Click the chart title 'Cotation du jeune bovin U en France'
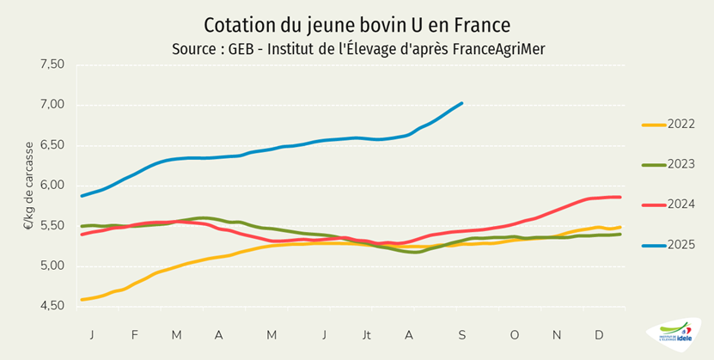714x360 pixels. click(x=357, y=23)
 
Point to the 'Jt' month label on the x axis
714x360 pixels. click(x=368, y=333)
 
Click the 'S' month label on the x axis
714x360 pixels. click(x=461, y=333)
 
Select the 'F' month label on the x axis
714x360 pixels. click(x=134, y=333)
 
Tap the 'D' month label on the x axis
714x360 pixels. click(x=599, y=333)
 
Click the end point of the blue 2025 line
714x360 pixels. click(x=462, y=103)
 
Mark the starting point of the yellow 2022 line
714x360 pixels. click(x=81, y=300)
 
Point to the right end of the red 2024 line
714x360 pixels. click(x=620, y=198)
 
